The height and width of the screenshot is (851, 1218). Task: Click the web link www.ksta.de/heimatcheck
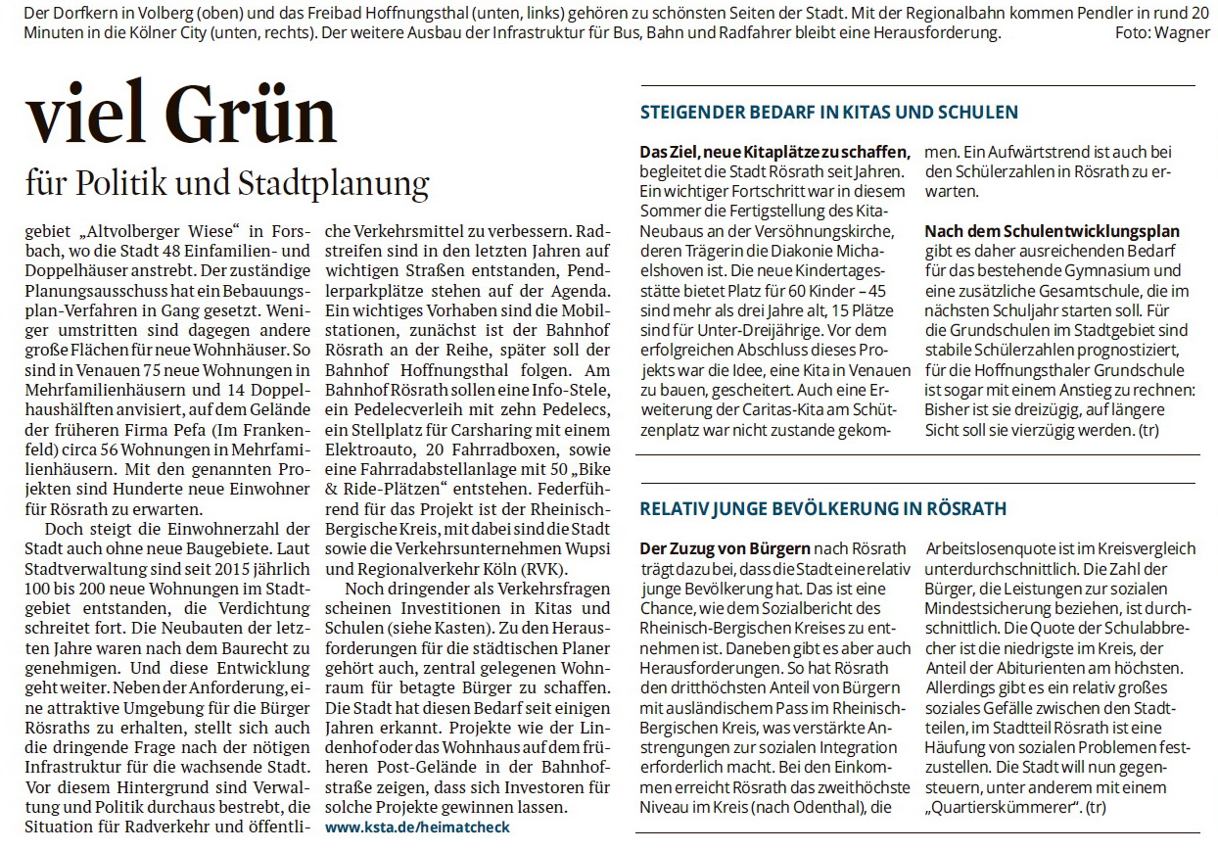point(417,827)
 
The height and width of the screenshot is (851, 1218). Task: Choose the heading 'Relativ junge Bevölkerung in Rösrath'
point(822,508)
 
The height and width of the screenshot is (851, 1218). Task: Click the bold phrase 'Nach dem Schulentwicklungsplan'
point(1052,232)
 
